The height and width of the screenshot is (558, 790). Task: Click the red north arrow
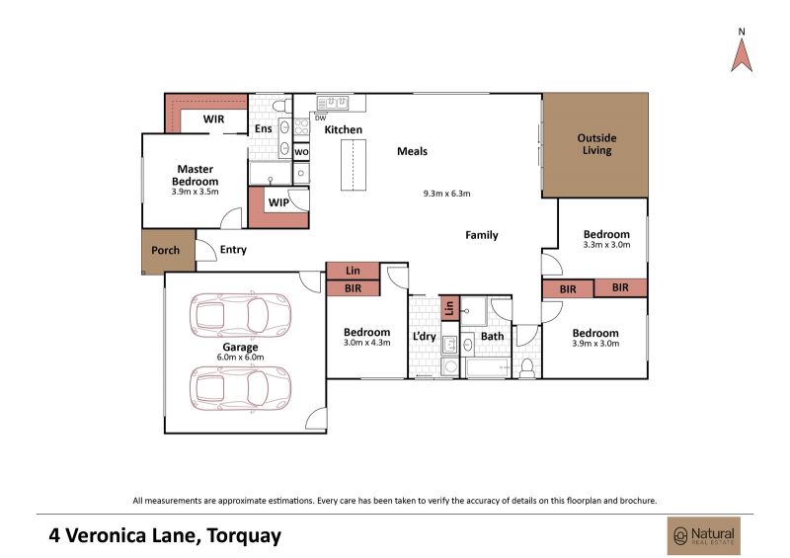[x=742, y=55]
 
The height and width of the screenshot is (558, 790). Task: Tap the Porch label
[x=165, y=250]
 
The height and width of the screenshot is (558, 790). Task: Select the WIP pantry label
[x=278, y=202]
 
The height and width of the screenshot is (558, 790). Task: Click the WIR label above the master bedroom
[x=213, y=120]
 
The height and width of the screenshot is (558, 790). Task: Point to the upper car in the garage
[x=240, y=316]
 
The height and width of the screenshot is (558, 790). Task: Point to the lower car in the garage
[x=240, y=389]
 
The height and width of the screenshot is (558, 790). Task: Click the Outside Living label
[x=596, y=143]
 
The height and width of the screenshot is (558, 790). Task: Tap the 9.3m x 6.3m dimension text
[x=447, y=193]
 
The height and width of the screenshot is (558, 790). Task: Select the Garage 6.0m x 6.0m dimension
[x=240, y=357]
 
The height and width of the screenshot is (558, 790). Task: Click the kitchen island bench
[x=354, y=165]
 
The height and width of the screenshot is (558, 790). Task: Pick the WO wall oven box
[x=301, y=152]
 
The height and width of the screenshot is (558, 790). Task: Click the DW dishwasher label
[x=320, y=119]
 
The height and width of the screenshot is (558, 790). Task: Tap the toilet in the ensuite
[x=281, y=106]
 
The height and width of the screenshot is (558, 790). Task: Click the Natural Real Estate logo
[x=704, y=536]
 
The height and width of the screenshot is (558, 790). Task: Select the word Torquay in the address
[x=244, y=536]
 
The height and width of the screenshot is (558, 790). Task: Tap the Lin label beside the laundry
[x=449, y=307]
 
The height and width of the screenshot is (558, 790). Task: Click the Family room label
[x=482, y=235]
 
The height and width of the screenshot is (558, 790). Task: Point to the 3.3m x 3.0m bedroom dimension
[x=606, y=245]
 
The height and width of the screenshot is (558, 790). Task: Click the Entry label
[x=233, y=250]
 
